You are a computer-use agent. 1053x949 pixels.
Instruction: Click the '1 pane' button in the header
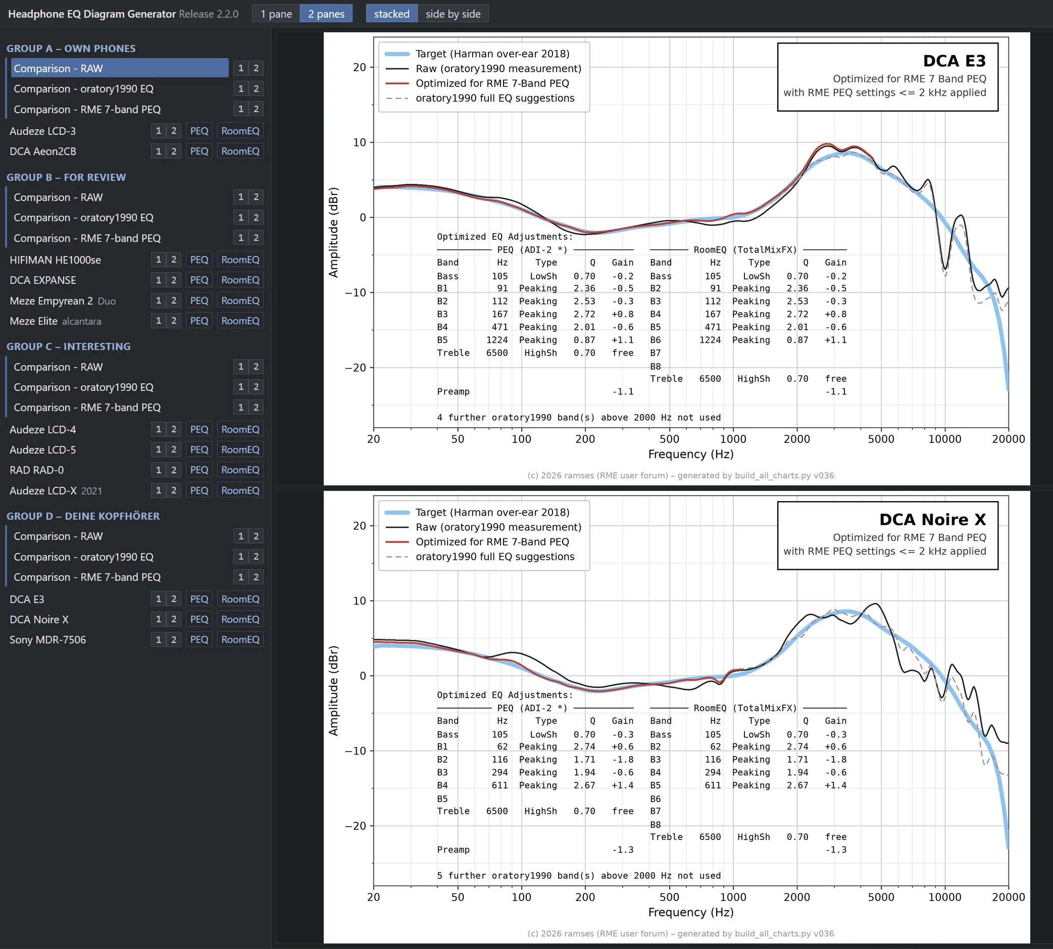[276, 14]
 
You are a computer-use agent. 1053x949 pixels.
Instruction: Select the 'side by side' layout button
[453, 14]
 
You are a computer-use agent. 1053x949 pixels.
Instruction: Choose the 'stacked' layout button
[391, 14]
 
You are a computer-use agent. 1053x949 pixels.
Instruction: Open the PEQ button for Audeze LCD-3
[199, 131]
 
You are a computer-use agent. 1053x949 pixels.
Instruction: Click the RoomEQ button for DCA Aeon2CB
[240, 151]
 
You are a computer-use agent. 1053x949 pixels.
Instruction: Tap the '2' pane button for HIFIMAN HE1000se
[174, 260]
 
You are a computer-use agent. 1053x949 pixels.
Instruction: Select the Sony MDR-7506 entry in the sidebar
[47, 640]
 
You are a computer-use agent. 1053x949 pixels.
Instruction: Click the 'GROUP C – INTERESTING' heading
[68, 347]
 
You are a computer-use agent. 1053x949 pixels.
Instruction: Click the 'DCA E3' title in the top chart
[954, 61]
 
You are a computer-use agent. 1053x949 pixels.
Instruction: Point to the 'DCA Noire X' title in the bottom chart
[933, 519]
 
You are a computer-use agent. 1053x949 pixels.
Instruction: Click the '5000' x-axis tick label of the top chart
[881, 439]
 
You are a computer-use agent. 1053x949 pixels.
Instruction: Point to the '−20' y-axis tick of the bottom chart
[356, 826]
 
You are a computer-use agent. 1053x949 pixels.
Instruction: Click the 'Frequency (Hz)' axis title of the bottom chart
[691, 913]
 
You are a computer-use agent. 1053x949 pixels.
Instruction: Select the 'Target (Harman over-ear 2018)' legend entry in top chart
[492, 54]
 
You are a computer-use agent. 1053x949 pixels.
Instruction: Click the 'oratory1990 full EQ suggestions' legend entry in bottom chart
[495, 557]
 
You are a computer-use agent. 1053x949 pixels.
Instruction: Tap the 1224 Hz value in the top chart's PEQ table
[497, 340]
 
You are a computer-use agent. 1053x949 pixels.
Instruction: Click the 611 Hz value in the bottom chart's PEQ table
[499, 785]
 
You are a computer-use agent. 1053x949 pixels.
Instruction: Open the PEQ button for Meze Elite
[199, 321]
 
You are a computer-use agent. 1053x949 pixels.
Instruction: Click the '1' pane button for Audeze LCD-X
[159, 491]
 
